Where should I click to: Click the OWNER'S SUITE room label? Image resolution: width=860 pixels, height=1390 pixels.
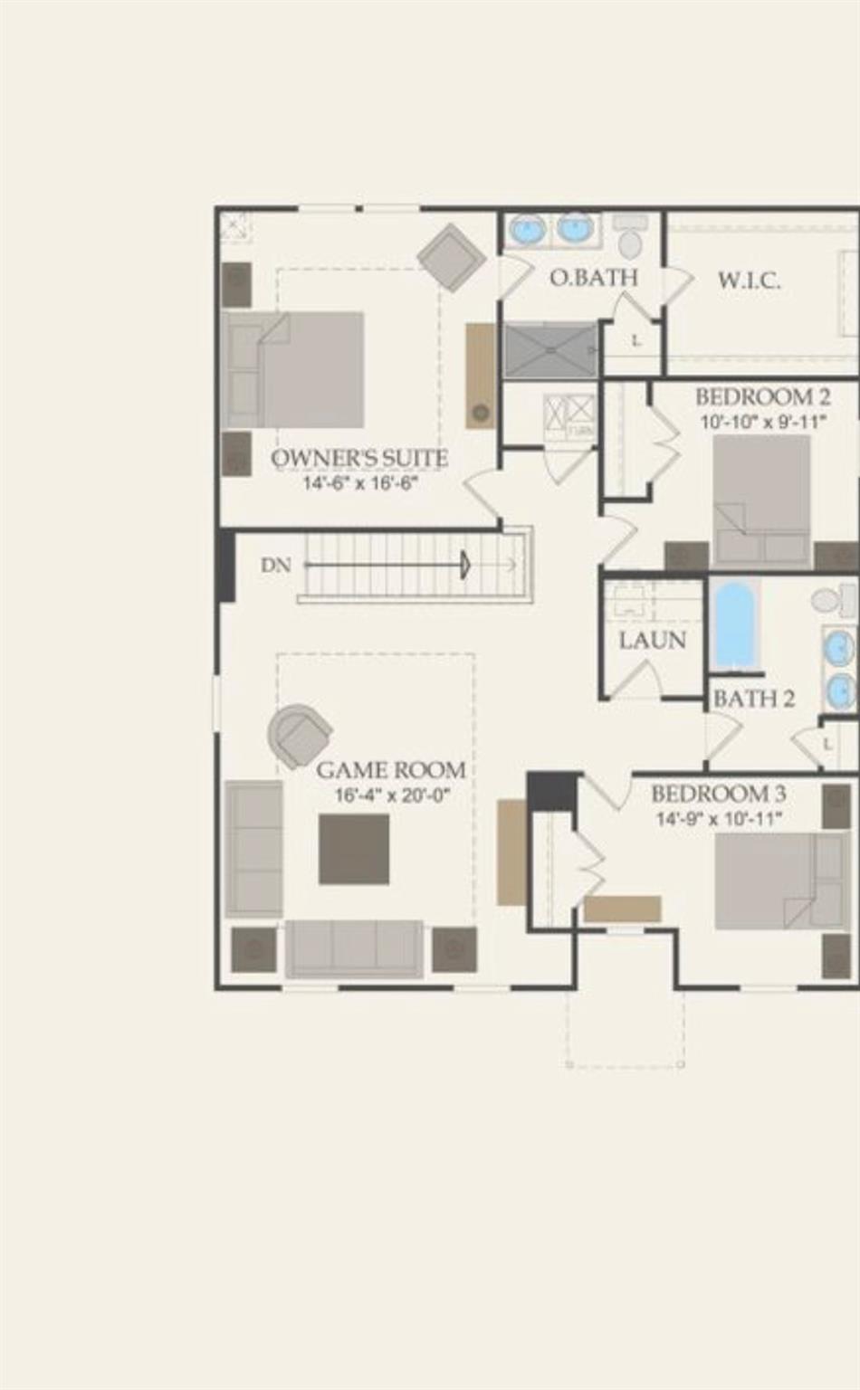tap(359, 458)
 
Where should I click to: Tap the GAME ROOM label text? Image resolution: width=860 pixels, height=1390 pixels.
tap(391, 770)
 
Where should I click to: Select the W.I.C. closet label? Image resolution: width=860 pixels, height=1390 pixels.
tap(749, 281)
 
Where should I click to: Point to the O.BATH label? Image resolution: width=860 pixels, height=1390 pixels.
tap(593, 278)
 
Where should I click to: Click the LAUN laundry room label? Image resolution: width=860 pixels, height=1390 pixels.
tap(652, 641)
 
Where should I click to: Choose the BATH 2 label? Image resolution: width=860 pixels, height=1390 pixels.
tap(753, 699)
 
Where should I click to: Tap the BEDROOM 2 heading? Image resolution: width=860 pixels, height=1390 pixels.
tap(762, 397)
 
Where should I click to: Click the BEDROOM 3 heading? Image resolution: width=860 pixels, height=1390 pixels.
tap(718, 795)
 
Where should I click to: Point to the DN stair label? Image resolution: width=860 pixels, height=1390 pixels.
tap(276, 566)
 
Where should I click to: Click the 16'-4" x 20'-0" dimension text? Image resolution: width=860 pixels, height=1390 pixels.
tap(392, 796)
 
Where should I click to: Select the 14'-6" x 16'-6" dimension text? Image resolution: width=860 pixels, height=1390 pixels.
tap(359, 483)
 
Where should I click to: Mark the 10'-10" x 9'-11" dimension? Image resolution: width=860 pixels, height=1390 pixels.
tap(762, 422)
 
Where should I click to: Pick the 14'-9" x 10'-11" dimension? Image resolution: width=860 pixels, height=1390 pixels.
tap(719, 819)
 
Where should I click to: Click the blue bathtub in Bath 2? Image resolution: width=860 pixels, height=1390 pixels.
tap(733, 624)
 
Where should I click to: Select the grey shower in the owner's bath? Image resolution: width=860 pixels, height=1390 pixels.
tap(549, 349)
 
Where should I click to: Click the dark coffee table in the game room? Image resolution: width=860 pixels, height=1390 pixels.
tap(354, 849)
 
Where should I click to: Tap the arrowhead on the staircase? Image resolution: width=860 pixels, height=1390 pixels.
tap(465, 566)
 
